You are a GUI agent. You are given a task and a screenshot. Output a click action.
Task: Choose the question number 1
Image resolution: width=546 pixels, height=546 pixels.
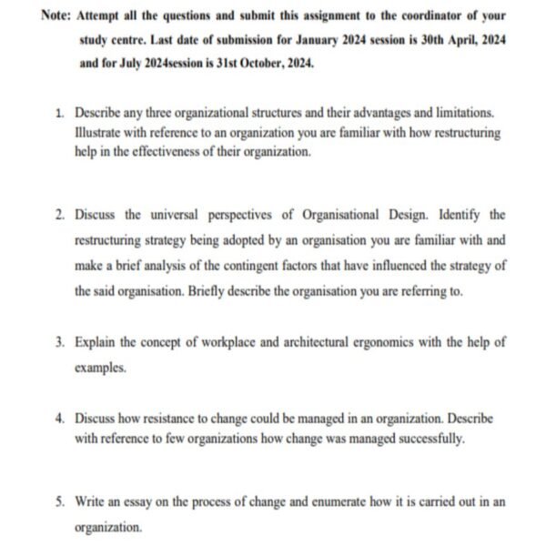click(x=58, y=113)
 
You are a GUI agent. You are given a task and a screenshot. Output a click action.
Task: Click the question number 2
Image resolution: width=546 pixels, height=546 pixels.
click(x=58, y=216)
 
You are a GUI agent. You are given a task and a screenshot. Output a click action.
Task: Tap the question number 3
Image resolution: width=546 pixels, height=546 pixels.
click(x=58, y=343)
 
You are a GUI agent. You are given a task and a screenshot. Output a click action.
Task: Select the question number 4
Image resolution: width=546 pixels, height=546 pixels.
click(x=58, y=420)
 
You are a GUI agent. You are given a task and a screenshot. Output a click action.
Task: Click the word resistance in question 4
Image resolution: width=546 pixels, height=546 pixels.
click(x=178, y=420)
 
